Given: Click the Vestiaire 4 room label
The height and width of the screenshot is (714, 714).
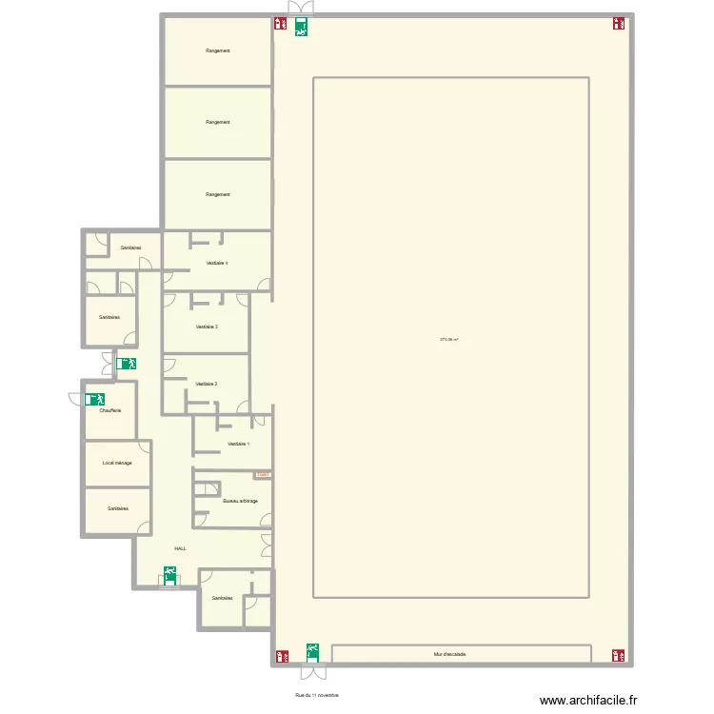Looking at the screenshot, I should coord(217,263).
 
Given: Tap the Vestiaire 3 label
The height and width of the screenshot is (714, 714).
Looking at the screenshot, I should coord(207,327).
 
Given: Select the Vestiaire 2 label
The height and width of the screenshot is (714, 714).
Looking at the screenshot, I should coord(206,384).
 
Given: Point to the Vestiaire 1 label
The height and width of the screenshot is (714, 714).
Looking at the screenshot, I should coord(239,444).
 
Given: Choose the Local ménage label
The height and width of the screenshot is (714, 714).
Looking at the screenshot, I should coord(117,463).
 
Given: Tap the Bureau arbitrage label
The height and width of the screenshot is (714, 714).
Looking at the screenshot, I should coord(240,501).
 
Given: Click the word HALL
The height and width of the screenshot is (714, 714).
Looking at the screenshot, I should coord(180,548).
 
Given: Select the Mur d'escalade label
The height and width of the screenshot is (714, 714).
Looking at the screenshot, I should coord(448,655).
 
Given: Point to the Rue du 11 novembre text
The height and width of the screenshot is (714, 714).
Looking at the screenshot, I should coord(317,696).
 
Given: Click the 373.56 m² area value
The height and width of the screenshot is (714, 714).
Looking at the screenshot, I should coord(449,339).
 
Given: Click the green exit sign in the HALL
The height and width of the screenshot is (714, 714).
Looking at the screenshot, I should coord(169,574).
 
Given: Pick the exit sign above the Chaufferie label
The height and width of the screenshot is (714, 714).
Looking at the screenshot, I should coord(94,400).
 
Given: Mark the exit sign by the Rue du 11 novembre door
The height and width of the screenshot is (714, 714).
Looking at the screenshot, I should coord(312,651).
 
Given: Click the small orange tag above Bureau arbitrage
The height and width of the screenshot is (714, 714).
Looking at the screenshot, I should coord(263,475).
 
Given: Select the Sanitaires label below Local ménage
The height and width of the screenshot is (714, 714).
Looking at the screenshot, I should coord(118,509).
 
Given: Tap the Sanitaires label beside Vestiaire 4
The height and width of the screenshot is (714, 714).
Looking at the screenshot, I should coord(131,248).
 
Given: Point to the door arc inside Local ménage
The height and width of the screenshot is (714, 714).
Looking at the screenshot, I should coord(145,448).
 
